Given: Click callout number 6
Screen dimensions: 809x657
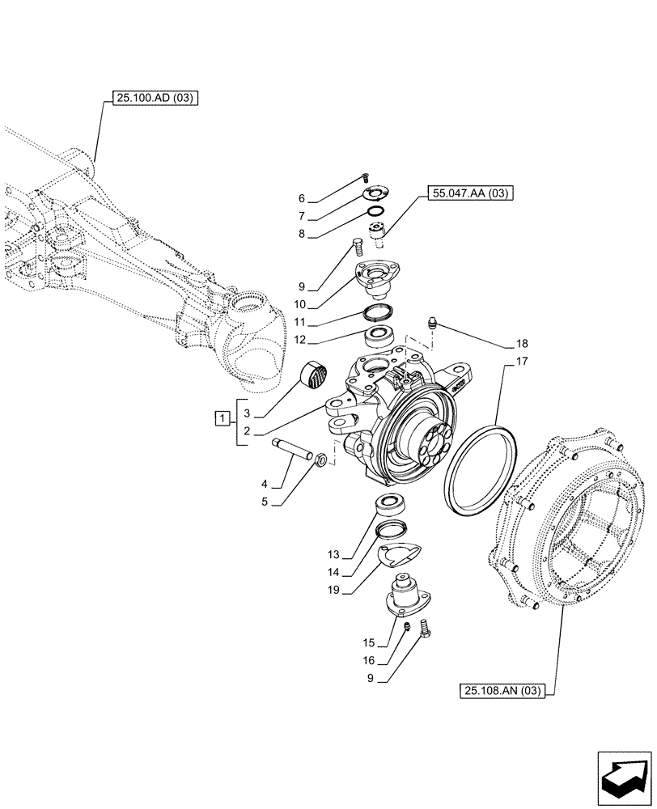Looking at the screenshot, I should [300, 198].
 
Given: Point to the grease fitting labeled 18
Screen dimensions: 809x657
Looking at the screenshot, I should [432, 325].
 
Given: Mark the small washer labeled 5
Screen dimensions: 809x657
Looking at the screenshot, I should [320, 460].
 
